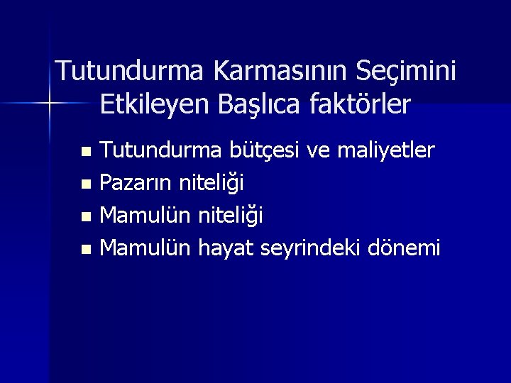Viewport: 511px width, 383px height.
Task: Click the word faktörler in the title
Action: pyautogui.click(x=361, y=105)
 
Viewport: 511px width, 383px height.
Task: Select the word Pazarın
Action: pyautogui.click(x=137, y=183)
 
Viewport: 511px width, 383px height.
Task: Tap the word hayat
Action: pyautogui.click(x=227, y=249)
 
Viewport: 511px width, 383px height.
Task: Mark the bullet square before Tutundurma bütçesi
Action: pyautogui.click(x=86, y=152)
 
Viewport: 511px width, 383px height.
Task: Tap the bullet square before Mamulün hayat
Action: pyautogui.click(x=86, y=250)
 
